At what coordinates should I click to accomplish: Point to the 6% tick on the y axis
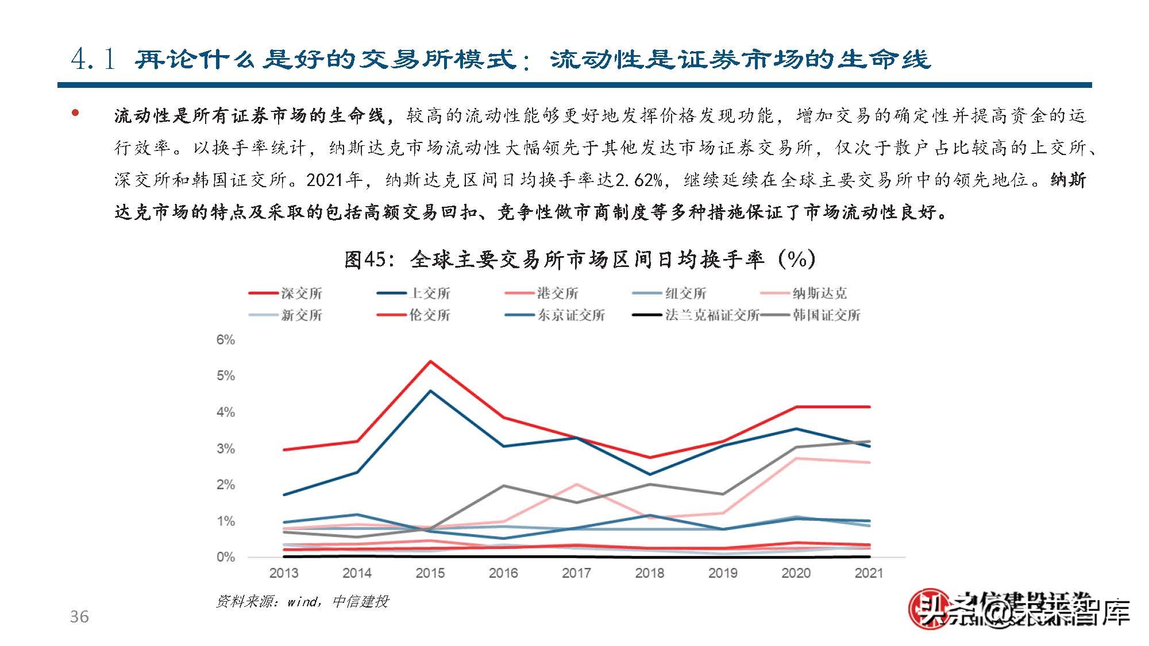coord(226,340)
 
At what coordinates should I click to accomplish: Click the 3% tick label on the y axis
coord(226,448)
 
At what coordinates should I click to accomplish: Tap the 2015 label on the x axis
coord(430,573)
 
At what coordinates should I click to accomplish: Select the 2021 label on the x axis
coord(869,573)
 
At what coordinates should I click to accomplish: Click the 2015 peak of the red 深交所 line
coord(430,362)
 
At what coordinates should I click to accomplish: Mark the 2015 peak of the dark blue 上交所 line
coord(430,391)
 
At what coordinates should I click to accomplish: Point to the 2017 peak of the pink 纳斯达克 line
coord(576,485)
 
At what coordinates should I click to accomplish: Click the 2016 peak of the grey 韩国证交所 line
coord(503,486)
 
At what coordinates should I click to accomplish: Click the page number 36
coord(79,617)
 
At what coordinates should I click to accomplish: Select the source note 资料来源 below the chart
coord(302,601)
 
